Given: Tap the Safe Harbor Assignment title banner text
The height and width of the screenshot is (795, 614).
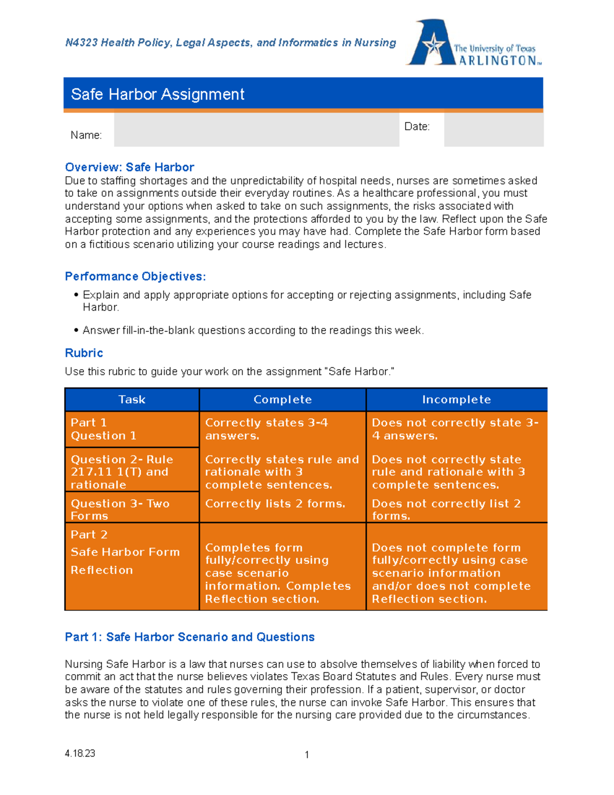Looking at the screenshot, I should coord(158,94).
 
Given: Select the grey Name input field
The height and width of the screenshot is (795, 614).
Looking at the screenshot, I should coord(256,130).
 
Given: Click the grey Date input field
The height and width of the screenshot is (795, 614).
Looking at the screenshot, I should coord(493,130).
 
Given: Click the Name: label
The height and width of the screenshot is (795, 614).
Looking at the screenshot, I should coord(86,135).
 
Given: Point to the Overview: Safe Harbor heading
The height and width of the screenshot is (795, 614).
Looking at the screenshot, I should coord(129,167).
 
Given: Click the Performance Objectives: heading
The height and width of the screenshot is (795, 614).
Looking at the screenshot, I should coord(135,276).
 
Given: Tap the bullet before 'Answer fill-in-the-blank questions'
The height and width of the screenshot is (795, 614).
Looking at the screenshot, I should coord(76,330).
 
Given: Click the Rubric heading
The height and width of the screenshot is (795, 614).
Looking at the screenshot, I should coord(84,353).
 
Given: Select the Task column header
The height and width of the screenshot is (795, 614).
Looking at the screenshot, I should coord(132,400).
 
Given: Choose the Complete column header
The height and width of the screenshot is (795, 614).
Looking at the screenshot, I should coord(282,400).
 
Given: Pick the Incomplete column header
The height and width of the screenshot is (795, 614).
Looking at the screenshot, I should coord(456,400).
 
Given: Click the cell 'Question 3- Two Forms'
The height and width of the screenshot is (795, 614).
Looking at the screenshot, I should coord(120,509).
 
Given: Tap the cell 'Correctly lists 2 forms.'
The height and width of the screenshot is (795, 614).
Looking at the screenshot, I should coord(275,504).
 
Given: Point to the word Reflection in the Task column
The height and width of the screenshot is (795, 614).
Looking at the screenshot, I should coord(102,570).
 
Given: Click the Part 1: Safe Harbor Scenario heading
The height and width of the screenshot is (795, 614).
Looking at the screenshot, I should coord(189,637).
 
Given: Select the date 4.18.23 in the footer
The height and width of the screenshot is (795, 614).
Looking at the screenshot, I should coord(80,754).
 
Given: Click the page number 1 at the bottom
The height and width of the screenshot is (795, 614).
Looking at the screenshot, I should coord(306,755).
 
